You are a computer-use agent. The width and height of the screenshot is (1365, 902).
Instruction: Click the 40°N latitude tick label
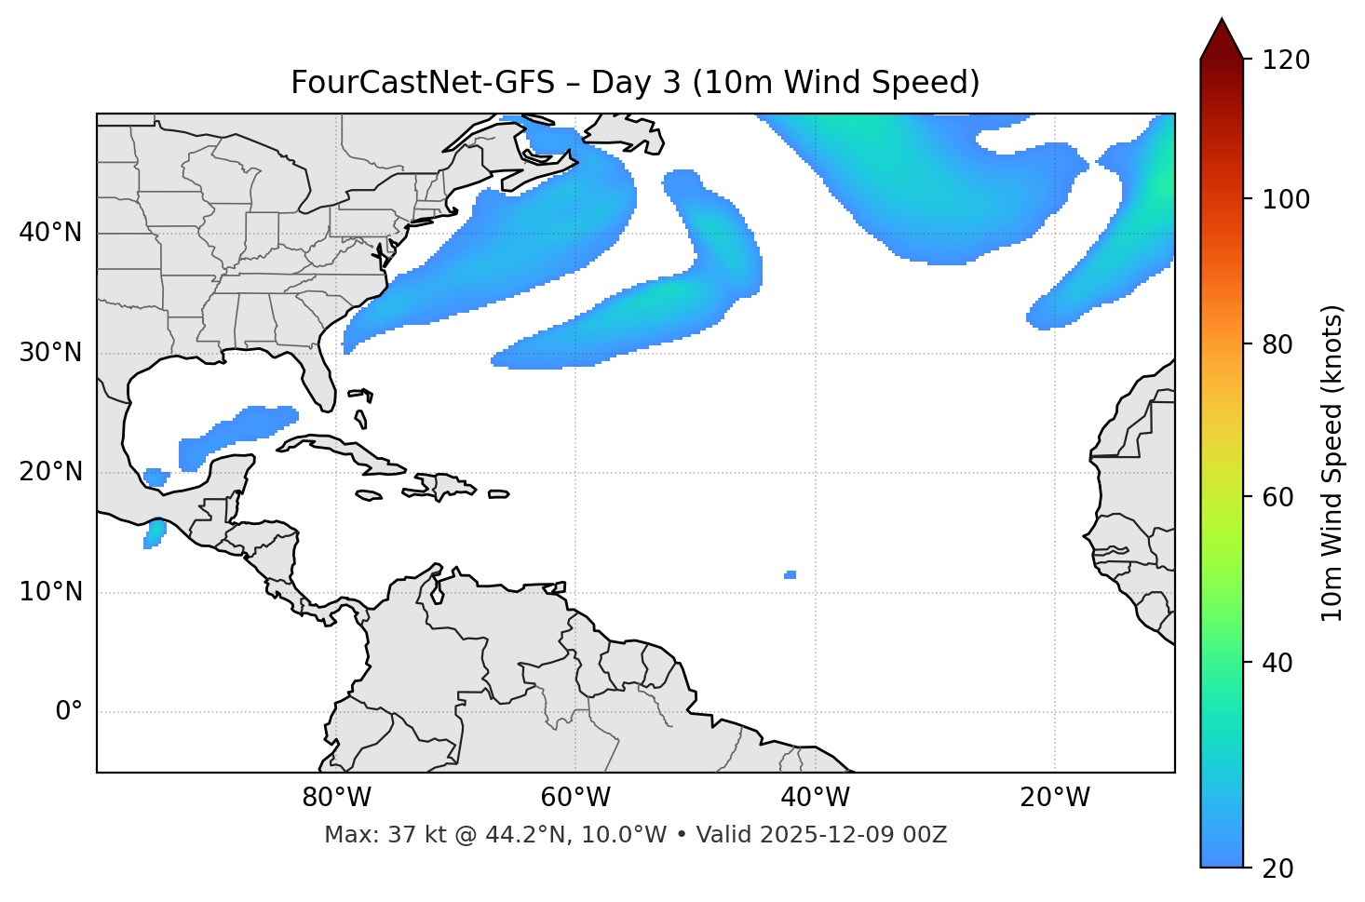coord(50,233)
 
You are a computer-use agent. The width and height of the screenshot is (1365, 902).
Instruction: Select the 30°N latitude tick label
coord(50,353)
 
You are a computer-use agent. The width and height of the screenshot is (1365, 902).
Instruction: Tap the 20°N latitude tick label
coord(50,472)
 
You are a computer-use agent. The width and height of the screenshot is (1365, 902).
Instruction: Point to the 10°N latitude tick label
coord(50,592)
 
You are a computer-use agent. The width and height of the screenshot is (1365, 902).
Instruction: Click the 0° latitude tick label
coord(69,712)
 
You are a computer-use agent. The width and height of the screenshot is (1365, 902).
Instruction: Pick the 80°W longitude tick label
coord(336,798)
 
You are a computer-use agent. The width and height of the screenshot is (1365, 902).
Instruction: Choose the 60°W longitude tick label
coord(575,798)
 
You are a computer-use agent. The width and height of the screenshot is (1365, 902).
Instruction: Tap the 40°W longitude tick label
coord(815,798)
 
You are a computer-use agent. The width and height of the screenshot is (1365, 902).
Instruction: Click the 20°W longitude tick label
coord(1055,798)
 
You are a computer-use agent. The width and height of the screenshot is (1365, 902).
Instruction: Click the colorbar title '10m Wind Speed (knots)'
coord(1332,464)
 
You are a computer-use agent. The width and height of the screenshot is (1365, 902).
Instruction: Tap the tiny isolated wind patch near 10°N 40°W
coord(790,574)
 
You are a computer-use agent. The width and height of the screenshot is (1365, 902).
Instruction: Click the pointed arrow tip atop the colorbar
coord(1222,22)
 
